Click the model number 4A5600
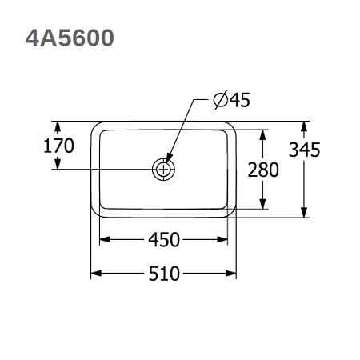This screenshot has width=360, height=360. coord(70,38)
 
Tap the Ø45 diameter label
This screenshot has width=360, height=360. coord(231,100)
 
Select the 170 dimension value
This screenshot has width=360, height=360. coord(58,146)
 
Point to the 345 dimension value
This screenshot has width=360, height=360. coord(305,150)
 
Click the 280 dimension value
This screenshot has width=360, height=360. coord(263,170)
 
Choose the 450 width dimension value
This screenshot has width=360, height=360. coord(164,239)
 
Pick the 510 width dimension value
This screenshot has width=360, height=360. coord(164,274)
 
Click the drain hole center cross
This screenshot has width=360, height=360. coord(163,169)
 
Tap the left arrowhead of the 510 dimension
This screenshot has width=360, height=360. coord(96,274)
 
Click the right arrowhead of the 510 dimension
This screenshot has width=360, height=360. coord(231,274)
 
